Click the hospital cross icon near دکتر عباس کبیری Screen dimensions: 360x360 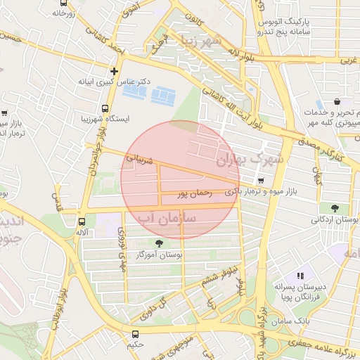point(114,71)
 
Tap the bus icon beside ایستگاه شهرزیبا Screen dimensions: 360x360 point(105,109)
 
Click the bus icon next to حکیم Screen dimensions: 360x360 point(135,334)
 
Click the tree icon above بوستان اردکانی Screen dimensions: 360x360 point(333,208)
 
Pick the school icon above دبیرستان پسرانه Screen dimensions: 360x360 point(300,276)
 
